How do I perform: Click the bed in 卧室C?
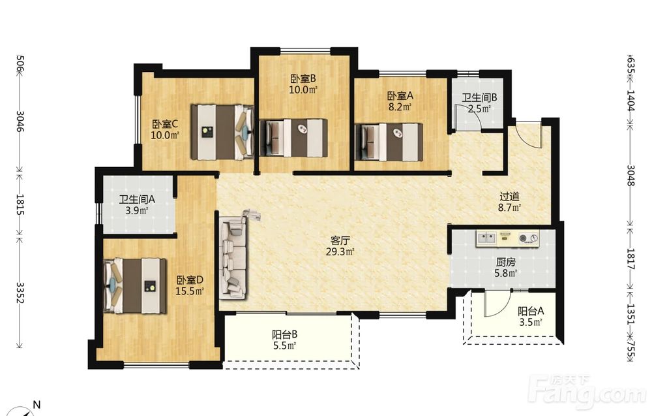[222, 131]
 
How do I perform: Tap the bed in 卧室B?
[293, 138]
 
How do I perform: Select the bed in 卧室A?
[389, 142]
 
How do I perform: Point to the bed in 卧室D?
[135, 285]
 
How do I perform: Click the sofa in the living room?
[233, 257]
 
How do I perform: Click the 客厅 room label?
[340, 241]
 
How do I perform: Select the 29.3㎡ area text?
[340, 251]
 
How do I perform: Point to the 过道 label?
[510, 196]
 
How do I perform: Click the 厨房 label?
[506, 263]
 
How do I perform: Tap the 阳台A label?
[531, 311]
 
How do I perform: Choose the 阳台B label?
[284, 334]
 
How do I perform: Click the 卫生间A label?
[137, 199]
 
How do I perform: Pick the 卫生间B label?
[479, 98]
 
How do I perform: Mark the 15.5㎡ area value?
[190, 291]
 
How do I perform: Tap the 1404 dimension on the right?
[630, 101]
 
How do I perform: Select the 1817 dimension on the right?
[630, 260]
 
